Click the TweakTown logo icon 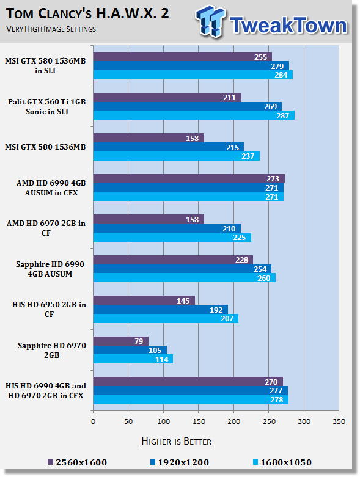(x=211, y=21)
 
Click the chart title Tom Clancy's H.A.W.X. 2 (x=87, y=14)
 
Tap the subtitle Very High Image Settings (x=51, y=29)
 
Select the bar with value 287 (x=194, y=115)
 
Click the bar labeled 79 (x=121, y=341)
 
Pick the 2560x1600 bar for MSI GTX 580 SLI (x=183, y=57)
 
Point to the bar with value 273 (x=189, y=178)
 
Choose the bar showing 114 (x=133, y=359)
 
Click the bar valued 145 (x=144, y=300)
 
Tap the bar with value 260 (x=185, y=278)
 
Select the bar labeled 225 (x=172, y=238)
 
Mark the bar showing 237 (x=177, y=156)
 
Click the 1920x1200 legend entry (x=180, y=462)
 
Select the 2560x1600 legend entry (x=77, y=462)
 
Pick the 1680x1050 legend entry (x=282, y=462)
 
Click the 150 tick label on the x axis (x=199, y=421)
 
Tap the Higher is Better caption (x=177, y=442)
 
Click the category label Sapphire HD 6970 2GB (x=52, y=350)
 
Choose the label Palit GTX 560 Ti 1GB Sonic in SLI (x=47, y=106)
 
